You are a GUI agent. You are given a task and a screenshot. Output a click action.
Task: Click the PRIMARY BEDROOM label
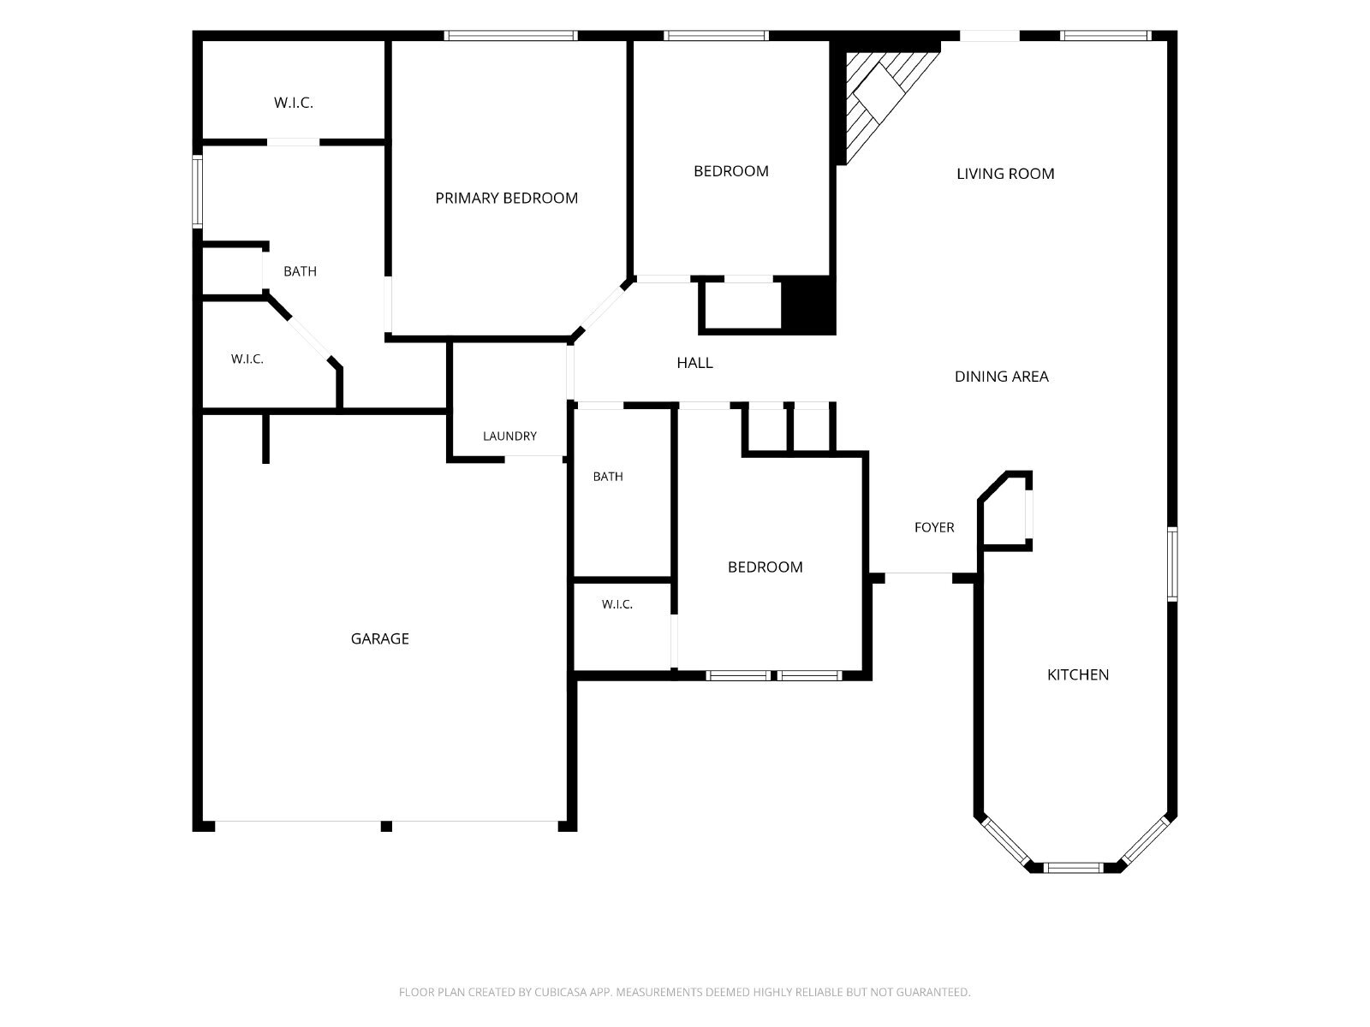pyautogui.click(x=506, y=199)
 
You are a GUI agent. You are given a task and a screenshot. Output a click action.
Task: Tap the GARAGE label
pyautogui.click(x=379, y=638)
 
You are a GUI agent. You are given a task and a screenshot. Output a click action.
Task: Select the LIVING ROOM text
pyautogui.click(x=1005, y=174)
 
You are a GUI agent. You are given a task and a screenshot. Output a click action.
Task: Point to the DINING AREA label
pyautogui.click(x=1001, y=377)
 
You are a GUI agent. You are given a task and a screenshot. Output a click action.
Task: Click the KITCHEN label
pyautogui.click(x=1077, y=674)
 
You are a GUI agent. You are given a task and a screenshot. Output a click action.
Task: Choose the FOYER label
pyautogui.click(x=933, y=527)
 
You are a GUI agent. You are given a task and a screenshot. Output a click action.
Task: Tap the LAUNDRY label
pyautogui.click(x=509, y=436)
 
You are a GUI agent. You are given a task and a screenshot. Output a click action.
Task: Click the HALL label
pyautogui.click(x=694, y=363)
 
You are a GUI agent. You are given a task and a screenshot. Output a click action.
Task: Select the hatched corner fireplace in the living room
pyautogui.click(x=883, y=103)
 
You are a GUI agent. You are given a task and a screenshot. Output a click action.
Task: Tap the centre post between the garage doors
pyautogui.click(x=385, y=826)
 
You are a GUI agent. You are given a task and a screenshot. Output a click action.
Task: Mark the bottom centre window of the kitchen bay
pyautogui.click(x=1073, y=867)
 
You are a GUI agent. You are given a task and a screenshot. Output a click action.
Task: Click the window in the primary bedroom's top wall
pyautogui.click(x=510, y=36)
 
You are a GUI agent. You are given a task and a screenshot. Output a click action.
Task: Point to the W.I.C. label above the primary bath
pyautogui.click(x=294, y=103)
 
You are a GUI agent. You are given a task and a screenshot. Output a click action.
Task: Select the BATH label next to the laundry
pyautogui.click(x=607, y=477)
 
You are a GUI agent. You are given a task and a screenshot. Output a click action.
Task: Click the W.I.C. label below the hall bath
pyautogui.click(x=616, y=604)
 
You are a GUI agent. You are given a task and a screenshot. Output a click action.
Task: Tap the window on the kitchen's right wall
pyautogui.click(x=1172, y=564)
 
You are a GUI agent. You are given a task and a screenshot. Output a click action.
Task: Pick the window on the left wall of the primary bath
pyautogui.click(x=197, y=192)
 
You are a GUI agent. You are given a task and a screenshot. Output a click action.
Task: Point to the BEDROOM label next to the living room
pyautogui.click(x=731, y=171)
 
